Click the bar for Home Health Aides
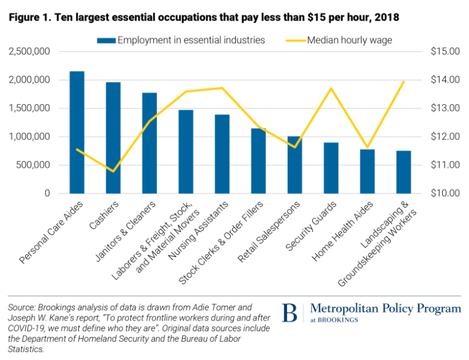point(367,171)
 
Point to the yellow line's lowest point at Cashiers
point(113,171)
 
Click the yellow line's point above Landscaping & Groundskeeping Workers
point(403,81)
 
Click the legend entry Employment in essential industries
point(181,41)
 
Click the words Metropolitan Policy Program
point(385,309)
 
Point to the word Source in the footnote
point(21,307)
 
